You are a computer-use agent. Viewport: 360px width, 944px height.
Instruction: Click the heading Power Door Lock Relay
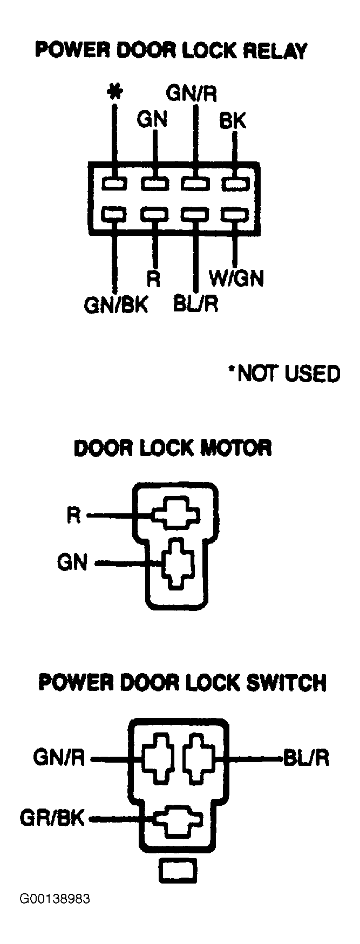tap(171, 51)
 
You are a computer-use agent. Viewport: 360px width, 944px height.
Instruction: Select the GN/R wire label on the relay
tap(192, 94)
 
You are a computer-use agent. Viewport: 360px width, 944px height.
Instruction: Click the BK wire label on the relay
tap(233, 121)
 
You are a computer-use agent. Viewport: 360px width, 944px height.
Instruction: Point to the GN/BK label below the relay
tap(116, 305)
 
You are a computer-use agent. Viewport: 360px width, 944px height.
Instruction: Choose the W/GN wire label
tap(236, 279)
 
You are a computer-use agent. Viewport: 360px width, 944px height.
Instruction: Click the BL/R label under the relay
tap(195, 304)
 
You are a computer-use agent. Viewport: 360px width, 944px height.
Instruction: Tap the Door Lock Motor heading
tap(173, 448)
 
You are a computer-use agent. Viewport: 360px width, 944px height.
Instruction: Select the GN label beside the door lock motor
tap(72, 563)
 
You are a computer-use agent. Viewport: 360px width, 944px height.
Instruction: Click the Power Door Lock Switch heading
tap(182, 683)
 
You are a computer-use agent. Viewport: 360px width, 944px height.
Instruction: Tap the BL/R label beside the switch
tap(306, 758)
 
